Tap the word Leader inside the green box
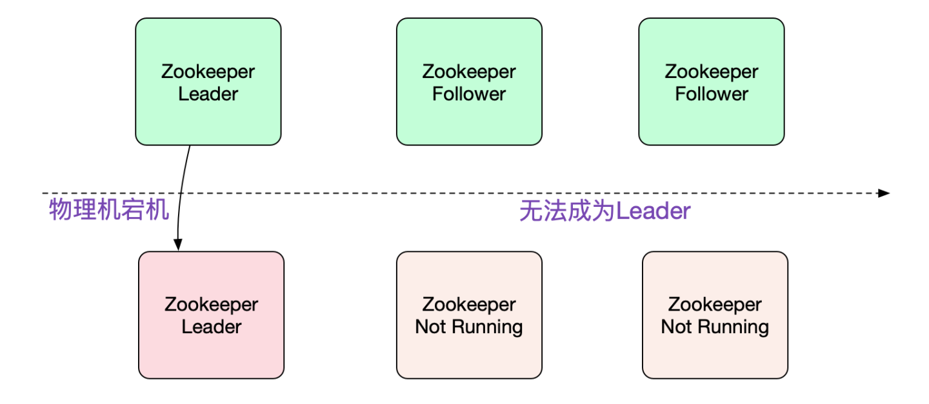[x=208, y=94]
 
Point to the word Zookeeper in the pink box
[x=211, y=304]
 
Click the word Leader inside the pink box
[x=211, y=327]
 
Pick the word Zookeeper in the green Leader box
[x=208, y=72]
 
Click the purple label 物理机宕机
[x=109, y=210]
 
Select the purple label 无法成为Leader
[x=604, y=211]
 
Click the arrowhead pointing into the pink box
[x=177, y=245]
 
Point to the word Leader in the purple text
[x=654, y=211]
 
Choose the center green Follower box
[x=469, y=82]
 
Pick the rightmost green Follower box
[x=712, y=82]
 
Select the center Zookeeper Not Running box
[x=469, y=315]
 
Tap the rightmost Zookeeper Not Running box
[x=715, y=315]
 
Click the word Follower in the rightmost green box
[x=712, y=94]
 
